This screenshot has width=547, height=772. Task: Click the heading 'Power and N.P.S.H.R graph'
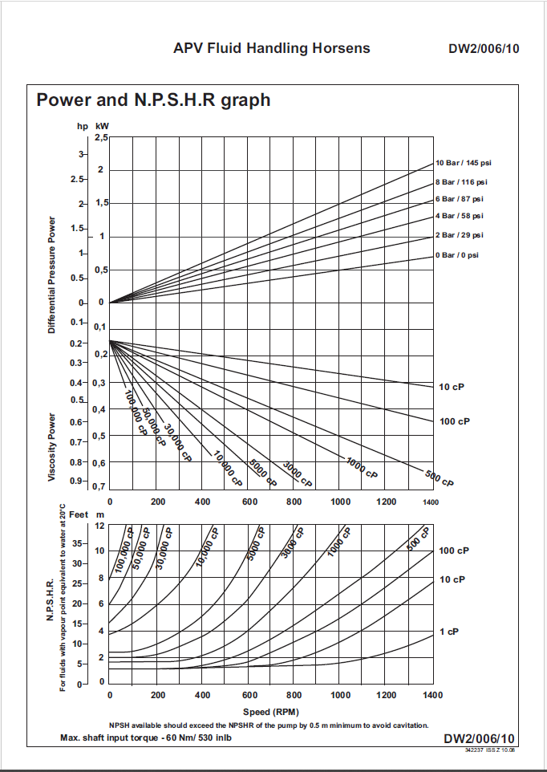pos(153,100)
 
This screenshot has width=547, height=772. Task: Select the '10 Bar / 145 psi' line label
pos(463,163)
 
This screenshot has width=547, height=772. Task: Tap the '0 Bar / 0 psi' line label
pos(456,255)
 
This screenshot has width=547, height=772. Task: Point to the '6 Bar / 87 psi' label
pos(460,199)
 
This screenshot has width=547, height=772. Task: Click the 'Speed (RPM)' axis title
pos(270,712)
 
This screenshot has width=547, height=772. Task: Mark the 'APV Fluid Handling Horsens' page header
pos(272,48)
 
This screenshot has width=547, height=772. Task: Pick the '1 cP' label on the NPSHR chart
pos(448,632)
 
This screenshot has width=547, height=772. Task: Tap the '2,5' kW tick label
pos(101,138)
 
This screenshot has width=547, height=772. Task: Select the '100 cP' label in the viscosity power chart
pos(454,421)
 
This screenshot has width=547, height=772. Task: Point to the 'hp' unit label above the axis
pos(81,126)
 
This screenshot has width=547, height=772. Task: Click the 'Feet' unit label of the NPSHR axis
pos(79,513)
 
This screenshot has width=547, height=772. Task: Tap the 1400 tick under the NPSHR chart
pos(432,695)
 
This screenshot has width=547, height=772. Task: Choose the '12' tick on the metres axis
pos(100,526)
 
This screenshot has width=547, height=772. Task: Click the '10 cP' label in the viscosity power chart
pos(452,387)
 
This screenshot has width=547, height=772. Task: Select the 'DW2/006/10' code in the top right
pos(484,49)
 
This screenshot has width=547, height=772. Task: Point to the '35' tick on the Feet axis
pos(77,544)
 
